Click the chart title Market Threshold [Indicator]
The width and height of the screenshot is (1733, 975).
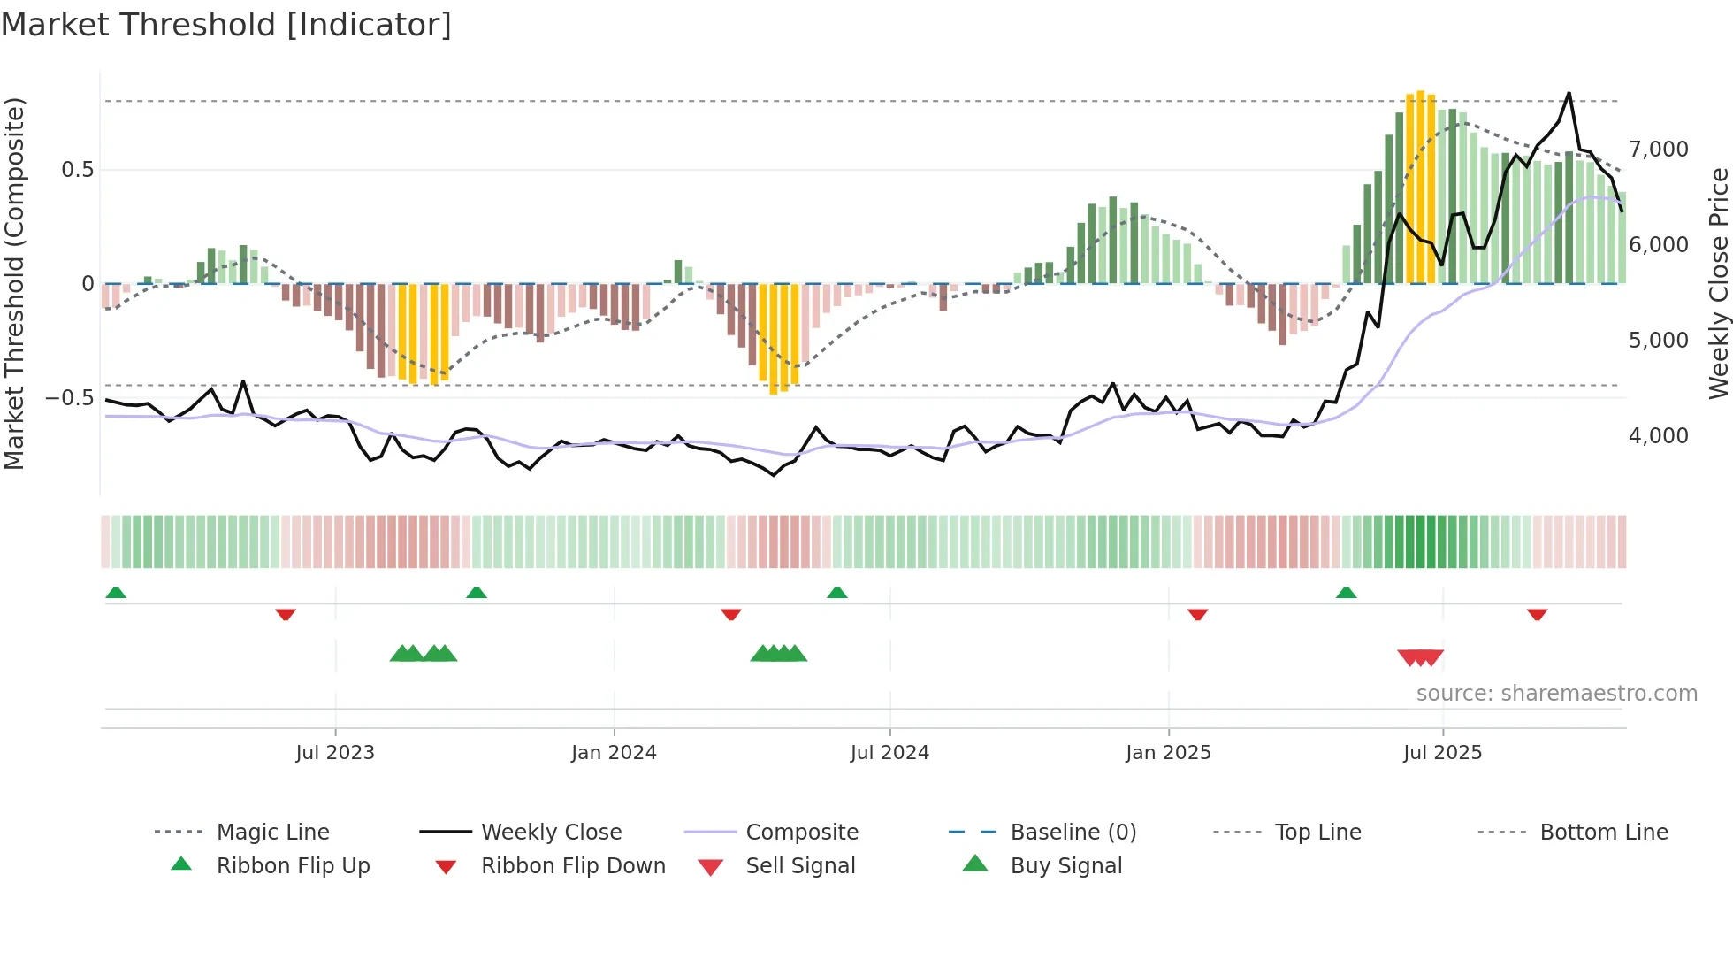point(226,25)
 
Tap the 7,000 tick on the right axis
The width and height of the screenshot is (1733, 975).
point(1658,150)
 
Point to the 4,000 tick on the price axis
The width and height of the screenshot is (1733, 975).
point(1658,436)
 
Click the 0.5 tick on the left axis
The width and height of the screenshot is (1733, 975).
point(77,170)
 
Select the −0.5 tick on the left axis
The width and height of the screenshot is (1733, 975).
point(69,398)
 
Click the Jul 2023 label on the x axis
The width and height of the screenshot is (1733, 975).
point(335,753)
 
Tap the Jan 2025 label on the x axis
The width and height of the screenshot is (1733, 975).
point(1168,753)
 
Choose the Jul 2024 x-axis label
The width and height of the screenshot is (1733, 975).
point(889,753)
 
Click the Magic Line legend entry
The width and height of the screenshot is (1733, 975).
point(272,833)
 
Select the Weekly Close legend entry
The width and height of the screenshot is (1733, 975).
point(551,833)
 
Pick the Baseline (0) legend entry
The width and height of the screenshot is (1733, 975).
point(1073,833)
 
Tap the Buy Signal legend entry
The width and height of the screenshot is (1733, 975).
point(1065,866)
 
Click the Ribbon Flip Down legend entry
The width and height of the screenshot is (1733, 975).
point(573,866)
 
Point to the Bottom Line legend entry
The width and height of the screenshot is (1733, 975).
point(1603,833)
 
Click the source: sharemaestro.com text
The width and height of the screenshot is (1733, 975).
point(1556,694)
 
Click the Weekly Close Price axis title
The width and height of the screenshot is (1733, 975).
point(1718,283)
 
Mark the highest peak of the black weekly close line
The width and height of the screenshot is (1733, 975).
point(1569,93)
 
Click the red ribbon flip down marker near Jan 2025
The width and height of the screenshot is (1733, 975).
point(1197,614)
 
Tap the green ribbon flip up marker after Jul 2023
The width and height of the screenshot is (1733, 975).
point(477,593)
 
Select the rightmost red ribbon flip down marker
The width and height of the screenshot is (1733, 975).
point(1537,614)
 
